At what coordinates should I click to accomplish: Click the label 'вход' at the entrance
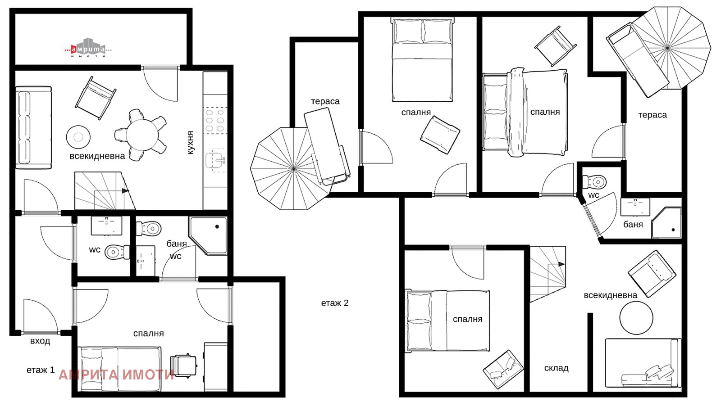click(x=40, y=341)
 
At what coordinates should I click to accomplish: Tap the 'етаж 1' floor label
click(x=41, y=370)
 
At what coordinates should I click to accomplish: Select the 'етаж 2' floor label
click(x=335, y=303)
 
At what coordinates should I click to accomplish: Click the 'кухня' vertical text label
click(x=190, y=143)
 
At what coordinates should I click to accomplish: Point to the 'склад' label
click(x=556, y=368)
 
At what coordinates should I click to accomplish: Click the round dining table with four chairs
click(x=141, y=135)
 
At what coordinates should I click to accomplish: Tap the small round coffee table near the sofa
click(x=78, y=137)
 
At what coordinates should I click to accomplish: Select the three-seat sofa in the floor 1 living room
click(x=33, y=127)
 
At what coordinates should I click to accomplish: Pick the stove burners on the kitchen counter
click(x=215, y=120)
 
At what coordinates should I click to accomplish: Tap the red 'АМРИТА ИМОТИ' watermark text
click(x=116, y=375)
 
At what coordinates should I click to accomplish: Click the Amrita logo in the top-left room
click(x=88, y=48)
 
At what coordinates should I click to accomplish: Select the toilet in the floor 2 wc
click(x=594, y=182)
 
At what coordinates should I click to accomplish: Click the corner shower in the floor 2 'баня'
click(x=666, y=223)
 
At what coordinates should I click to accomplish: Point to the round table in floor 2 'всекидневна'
click(x=636, y=318)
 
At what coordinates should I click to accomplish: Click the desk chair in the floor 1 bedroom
click(x=183, y=366)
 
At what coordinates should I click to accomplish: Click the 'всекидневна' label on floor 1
click(x=97, y=156)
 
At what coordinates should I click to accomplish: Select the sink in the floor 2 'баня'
click(x=635, y=207)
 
